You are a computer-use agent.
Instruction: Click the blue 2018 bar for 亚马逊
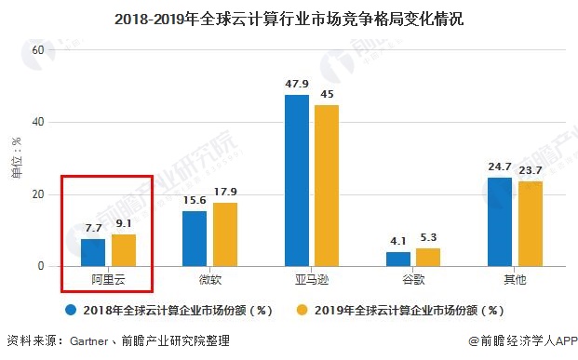(297, 181)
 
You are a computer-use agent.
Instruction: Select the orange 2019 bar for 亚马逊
(327, 186)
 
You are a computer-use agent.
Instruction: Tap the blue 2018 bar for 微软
(195, 239)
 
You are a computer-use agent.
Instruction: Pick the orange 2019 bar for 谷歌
(428, 258)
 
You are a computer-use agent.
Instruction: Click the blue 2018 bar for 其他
(500, 222)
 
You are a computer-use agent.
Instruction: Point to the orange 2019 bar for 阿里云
(123, 250)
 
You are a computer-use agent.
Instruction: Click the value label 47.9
(297, 85)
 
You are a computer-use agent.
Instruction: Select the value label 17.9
(225, 193)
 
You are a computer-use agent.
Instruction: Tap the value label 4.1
(398, 242)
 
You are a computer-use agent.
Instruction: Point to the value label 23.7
(531, 171)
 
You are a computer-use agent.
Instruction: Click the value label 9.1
(123, 224)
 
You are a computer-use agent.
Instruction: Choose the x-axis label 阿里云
(108, 279)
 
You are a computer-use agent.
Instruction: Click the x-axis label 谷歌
(413, 279)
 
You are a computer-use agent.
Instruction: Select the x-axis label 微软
(209, 279)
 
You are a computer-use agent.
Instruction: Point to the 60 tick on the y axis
(38, 49)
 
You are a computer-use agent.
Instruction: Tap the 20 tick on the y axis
(38, 194)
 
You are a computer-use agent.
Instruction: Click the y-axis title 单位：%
(16, 158)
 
